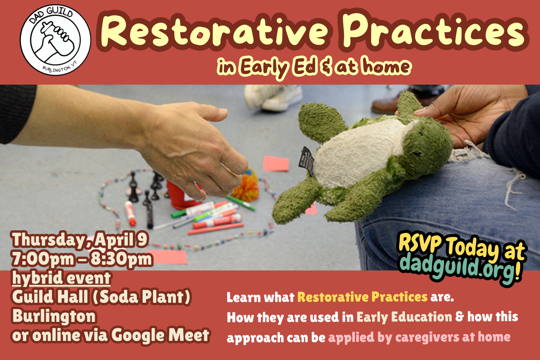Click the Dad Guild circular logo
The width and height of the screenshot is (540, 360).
(55, 40)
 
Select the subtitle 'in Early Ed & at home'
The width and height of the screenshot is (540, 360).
(313, 67)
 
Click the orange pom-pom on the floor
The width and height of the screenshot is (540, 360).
(246, 187)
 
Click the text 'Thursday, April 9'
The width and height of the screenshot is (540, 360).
(80, 240)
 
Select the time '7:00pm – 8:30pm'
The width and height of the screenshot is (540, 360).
(82, 259)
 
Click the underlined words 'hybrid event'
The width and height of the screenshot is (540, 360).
(61, 278)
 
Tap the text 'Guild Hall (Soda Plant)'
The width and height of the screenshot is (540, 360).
(101, 297)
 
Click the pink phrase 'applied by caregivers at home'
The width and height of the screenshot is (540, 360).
(419, 337)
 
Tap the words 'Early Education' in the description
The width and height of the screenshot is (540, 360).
(404, 317)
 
